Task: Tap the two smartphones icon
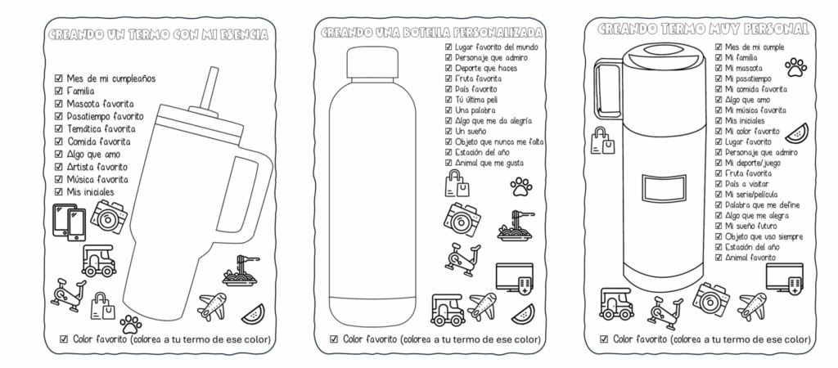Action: [69, 222]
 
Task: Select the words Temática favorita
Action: [101, 128]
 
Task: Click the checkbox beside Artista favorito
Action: [59, 167]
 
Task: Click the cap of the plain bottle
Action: [372, 63]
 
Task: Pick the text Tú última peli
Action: [476, 100]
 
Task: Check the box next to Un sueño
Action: [448, 132]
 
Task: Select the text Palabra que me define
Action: [762, 205]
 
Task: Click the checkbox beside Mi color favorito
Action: [719, 132]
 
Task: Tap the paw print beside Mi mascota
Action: [795, 68]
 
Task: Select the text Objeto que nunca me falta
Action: [499, 142]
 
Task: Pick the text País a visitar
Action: [746, 184]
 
